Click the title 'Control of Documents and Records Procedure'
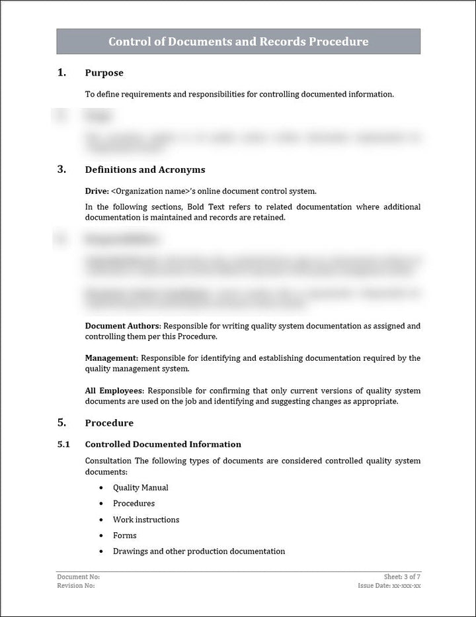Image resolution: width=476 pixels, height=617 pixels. point(238,42)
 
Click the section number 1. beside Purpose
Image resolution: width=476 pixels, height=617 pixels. point(61,73)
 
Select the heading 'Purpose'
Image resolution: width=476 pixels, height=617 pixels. point(104,73)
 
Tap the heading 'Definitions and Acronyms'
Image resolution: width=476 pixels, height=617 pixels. point(145,169)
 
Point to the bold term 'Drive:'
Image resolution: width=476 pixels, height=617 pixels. point(97,191)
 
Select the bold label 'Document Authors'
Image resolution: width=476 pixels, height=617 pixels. point(122,326)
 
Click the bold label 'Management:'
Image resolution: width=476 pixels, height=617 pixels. point(112,358)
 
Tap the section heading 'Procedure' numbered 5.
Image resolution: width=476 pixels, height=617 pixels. point(109,423)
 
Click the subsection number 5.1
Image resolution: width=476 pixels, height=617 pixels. point(63,444)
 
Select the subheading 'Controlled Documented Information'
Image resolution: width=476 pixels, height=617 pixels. point(163,444)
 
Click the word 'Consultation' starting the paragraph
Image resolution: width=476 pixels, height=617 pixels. point(108,461)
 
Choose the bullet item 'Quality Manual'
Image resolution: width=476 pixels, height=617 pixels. point(140,487)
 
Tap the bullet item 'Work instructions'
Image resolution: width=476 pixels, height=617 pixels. point(145,520)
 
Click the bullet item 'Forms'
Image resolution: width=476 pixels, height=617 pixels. point(124,536)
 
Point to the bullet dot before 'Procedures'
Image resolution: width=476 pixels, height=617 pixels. point(100,504)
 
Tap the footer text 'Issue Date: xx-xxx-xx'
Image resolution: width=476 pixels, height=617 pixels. point(389,586)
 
